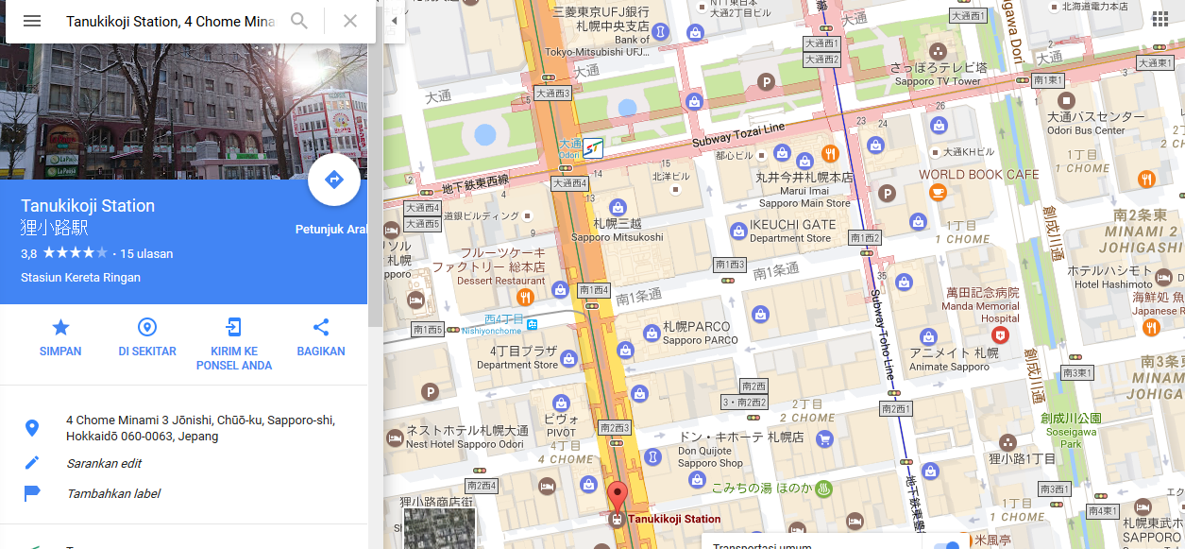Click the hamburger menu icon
(32, 21)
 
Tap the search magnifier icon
(299, 21)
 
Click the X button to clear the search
(350, 21)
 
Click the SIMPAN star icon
(60, 328)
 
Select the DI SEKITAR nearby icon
(147, 328)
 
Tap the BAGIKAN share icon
(321, 328)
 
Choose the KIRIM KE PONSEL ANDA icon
(233, 328)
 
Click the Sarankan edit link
(104, 463)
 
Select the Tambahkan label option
(113, 493)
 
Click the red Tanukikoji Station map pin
(617, 496)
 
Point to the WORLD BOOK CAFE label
(978, 174)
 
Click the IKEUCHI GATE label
(792, 225)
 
